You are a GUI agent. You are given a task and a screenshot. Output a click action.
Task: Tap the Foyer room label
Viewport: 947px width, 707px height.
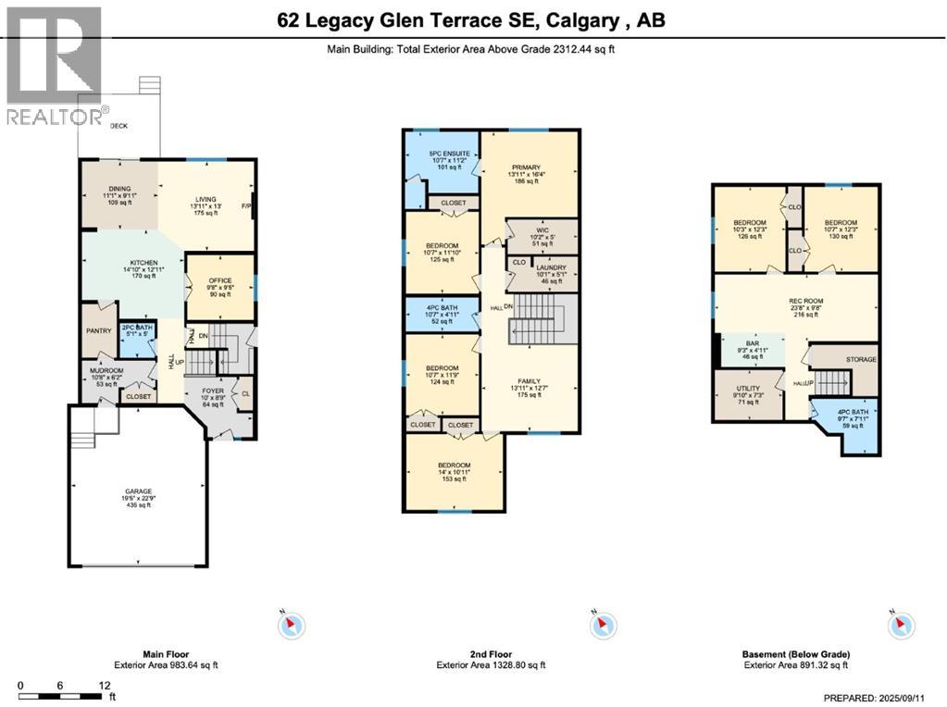(213, 397)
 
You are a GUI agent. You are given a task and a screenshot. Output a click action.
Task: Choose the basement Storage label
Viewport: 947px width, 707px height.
(860, 359)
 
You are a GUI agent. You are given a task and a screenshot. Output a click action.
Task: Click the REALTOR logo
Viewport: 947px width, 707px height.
(52, 65)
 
